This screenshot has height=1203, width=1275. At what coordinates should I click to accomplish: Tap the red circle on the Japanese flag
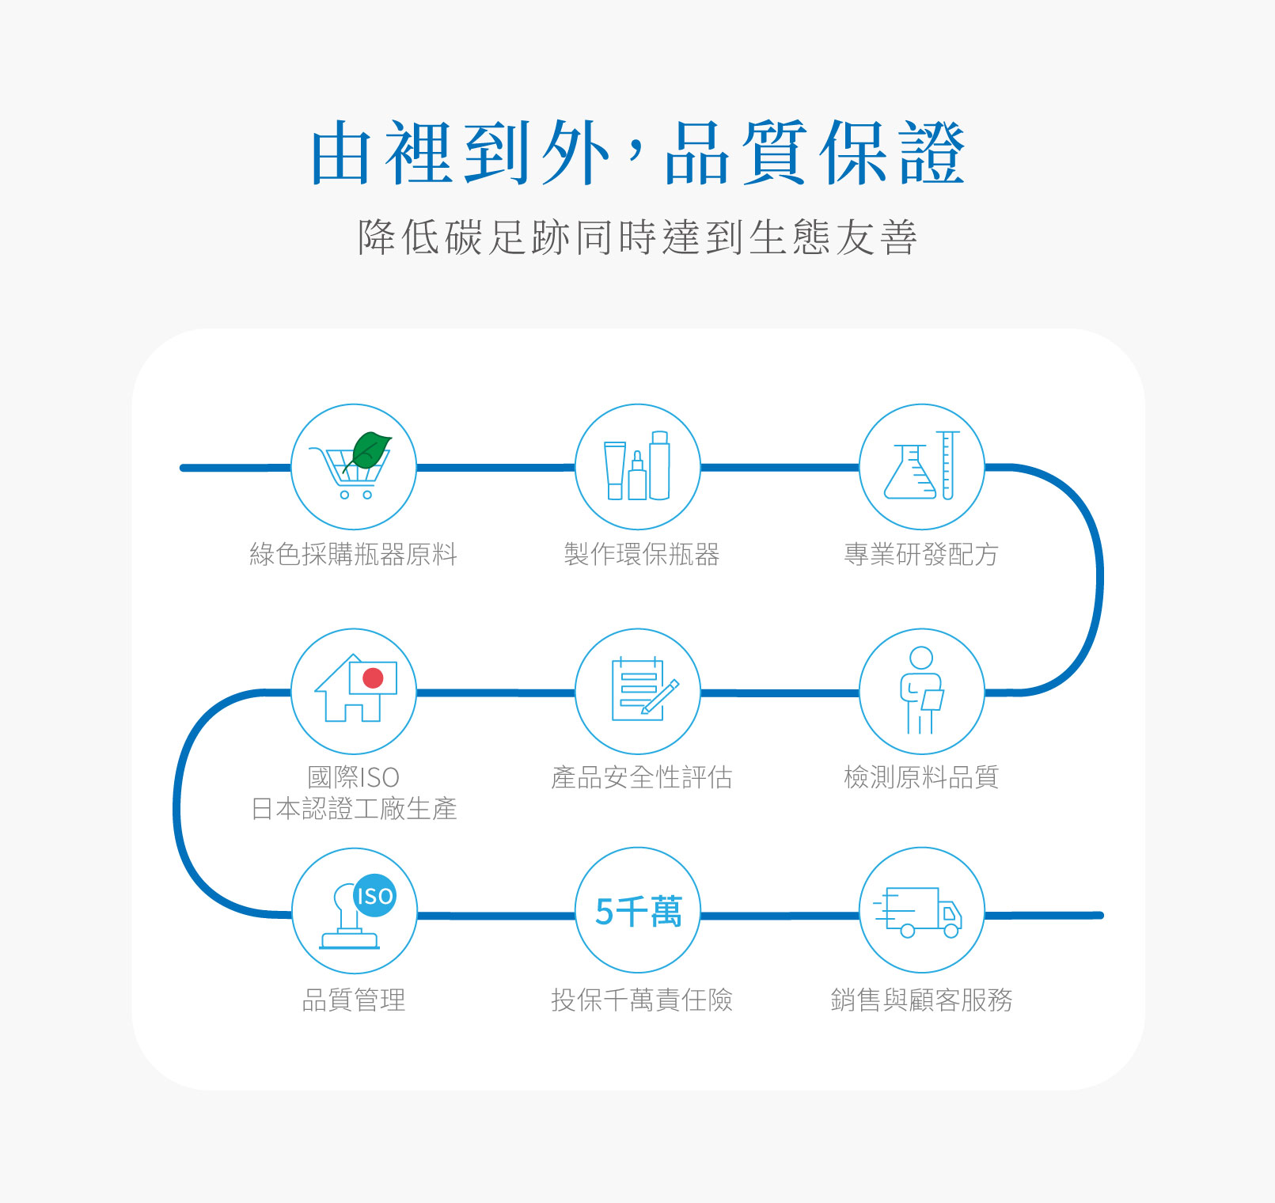(x=373, y=677)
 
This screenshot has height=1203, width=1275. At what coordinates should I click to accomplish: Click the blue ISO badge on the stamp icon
(x=374, y=895)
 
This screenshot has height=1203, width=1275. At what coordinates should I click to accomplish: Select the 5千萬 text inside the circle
(x=638, y=911)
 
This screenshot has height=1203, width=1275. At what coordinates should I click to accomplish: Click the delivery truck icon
(x=918, y=912)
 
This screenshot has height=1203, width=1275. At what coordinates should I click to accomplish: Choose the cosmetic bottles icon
(x=637, y=466)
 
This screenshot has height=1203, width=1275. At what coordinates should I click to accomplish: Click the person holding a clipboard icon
(x=922, y=690)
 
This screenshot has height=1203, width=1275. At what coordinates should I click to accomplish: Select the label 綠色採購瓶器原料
(x=354, y=554)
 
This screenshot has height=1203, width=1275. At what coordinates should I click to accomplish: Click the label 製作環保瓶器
(x=641, y=554)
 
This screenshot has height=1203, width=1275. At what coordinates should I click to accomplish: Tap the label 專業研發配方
(x=921, y=554)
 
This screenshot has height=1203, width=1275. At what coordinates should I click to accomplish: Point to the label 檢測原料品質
(x=921, y=777)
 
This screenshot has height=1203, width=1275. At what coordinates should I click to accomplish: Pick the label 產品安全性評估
(x=641, y=777)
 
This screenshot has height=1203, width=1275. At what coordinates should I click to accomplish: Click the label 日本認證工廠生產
(x=354, y=809)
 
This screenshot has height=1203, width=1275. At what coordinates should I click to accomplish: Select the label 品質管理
(x=354, y=1000)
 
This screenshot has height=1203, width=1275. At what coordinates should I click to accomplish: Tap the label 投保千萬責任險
(x=641, y=1000)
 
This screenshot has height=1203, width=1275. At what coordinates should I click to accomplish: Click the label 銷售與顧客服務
(x=921, y=1000)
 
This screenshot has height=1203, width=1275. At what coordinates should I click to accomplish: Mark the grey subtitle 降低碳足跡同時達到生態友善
(x=637, y=237)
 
